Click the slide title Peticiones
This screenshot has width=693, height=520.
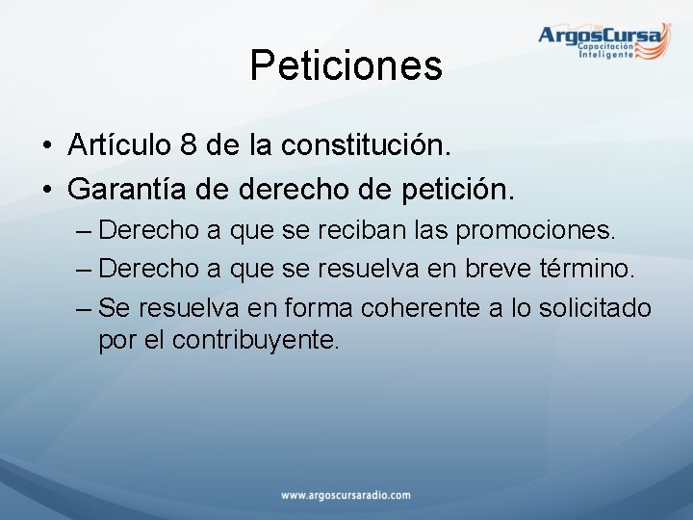(x=346, y=65)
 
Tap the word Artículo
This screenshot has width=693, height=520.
(x=119, y=145)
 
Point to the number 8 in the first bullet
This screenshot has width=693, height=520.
(x=190, y=145)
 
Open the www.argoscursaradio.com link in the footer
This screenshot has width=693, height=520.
(x=346, y=495)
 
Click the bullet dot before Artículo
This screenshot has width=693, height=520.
(x=46, y=147)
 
